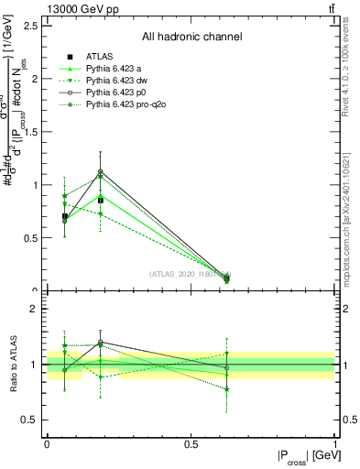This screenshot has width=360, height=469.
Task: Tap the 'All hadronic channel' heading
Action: (191, 37)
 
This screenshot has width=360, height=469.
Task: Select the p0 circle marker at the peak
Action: (101, 171)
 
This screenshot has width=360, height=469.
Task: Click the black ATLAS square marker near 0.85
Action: (101, 200)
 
